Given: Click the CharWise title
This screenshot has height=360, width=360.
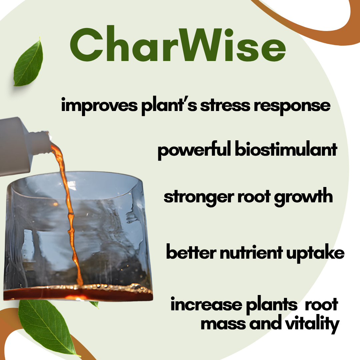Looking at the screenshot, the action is tap(178, 44).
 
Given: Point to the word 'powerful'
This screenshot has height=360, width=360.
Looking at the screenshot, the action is tap(194, 150).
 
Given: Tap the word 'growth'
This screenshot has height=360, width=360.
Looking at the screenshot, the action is tap(303, 197).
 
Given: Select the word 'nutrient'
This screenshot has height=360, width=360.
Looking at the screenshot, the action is tap(251, 252).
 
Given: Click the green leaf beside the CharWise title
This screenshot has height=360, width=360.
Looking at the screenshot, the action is tap(28, 62).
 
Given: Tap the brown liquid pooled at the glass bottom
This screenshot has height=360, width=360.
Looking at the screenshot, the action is tap(78, 293).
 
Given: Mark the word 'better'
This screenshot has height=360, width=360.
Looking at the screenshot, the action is tap(191, 252).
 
